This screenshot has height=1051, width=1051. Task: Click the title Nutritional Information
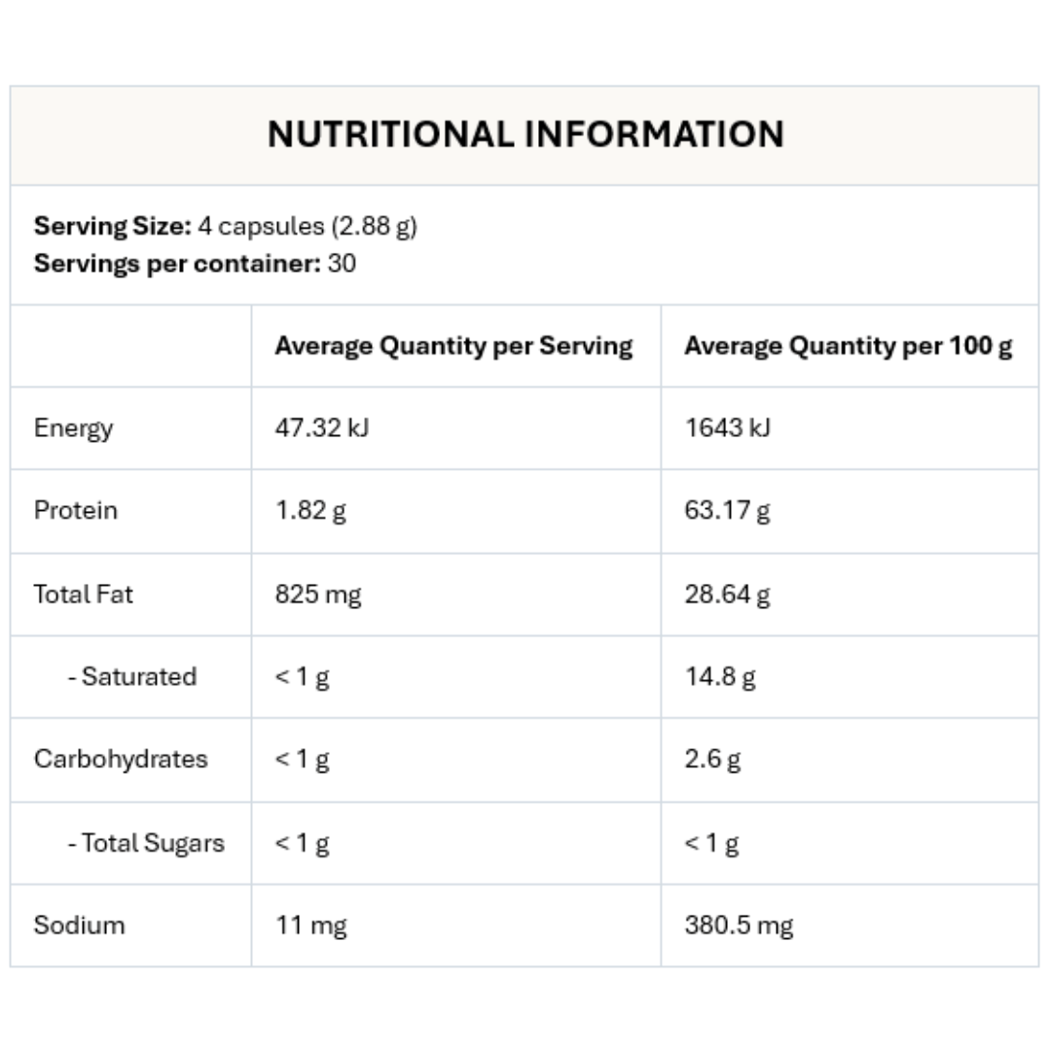tap(525, 134)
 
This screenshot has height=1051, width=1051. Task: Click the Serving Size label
tap(112, 227)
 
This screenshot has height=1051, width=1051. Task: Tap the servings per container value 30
tap(342, 264)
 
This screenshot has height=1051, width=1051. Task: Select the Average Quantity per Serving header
tap(453, 346)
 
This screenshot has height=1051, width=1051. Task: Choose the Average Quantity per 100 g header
tap(848, 346)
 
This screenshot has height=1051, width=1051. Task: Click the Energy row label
tap(73, 428)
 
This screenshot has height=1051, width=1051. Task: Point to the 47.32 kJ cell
tap(321, 428)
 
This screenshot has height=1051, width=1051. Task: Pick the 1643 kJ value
tap(727, 428)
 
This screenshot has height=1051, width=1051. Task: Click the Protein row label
tap(75, 511)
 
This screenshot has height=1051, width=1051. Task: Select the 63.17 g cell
tap(727, 511)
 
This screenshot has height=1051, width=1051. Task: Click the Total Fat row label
tap(83, 594)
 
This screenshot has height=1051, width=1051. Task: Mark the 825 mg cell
tap(317, 594)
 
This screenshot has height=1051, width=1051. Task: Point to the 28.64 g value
tap(727, 594)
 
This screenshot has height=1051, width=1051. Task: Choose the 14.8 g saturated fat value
tap(719, 676)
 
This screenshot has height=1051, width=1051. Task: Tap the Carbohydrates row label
tap(121, 759)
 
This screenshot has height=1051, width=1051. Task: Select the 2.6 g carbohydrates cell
tap(712, 759)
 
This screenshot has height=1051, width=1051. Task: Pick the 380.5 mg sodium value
tap(739, 924)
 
